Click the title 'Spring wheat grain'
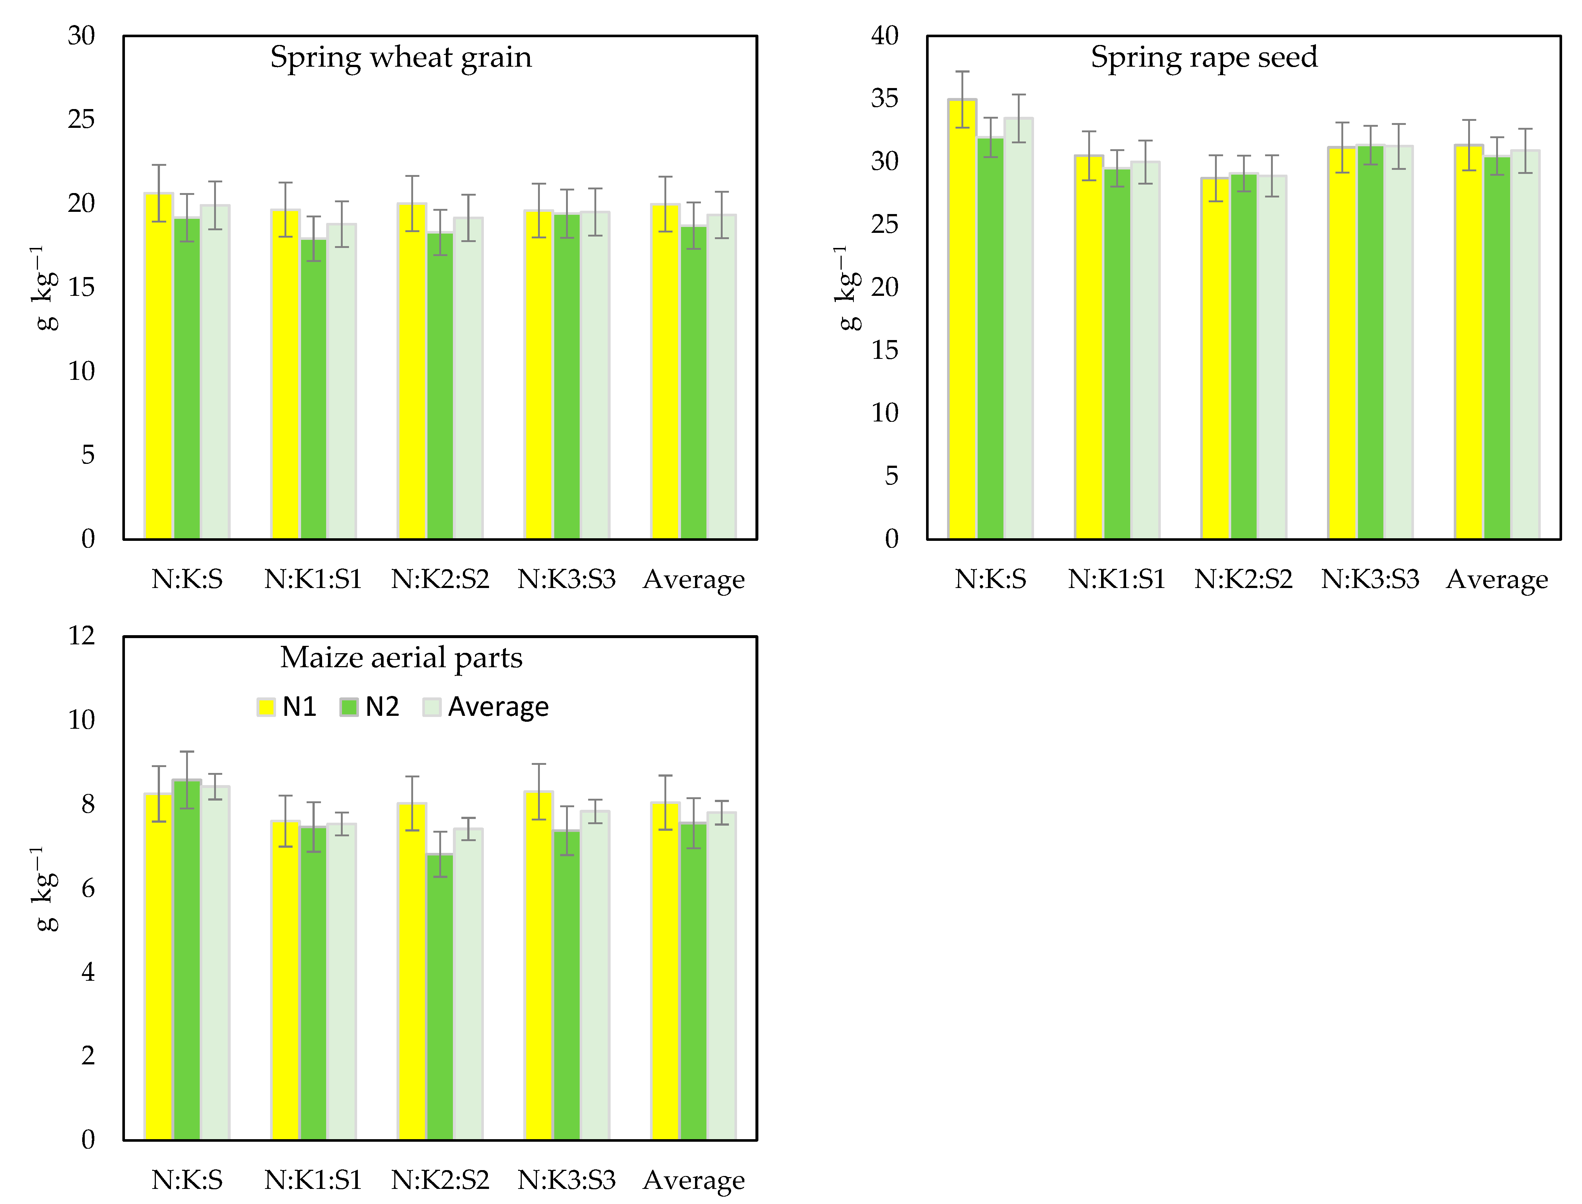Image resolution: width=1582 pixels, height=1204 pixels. point(401,57)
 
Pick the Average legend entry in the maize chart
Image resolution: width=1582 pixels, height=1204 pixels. point(486,707)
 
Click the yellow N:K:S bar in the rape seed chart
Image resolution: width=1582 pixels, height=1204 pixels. point(962,322)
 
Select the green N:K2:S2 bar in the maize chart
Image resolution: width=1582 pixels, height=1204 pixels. point(440,996)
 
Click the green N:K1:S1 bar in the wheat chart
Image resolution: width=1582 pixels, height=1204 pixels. point(313,391)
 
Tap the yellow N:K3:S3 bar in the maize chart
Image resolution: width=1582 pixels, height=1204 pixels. point(538,967)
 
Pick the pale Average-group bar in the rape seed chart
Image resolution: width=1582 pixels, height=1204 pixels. point(1525,344)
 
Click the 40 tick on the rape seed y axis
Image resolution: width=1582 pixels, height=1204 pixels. point(884,36)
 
